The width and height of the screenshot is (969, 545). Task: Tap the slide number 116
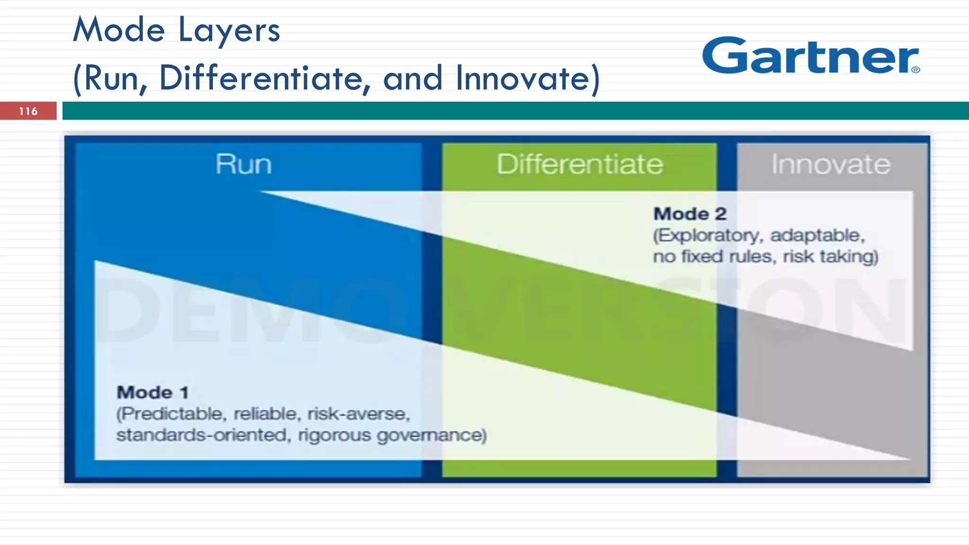(x=28, y=111)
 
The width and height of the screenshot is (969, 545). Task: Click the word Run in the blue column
(x=244, y=164)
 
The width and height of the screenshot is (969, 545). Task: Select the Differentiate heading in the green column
(x=580, y=164)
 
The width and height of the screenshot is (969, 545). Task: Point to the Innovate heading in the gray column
(x=831, y=164)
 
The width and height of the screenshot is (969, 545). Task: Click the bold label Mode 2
(x=690, y=214)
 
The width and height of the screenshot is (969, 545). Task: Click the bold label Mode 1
(x=152, y=392)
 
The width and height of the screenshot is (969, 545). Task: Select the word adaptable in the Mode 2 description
(x=818, y=235)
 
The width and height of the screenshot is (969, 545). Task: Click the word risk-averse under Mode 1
(x=359, y=414)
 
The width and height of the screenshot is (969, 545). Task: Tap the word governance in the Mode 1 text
(x=432, y=435)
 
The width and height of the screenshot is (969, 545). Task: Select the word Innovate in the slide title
(x=526, y=78)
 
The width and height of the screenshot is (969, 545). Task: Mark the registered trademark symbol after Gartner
(x=916, y=70)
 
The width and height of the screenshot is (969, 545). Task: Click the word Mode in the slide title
(x=119, y=30)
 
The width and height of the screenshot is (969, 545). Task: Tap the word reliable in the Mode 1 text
(x=267, y=414)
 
